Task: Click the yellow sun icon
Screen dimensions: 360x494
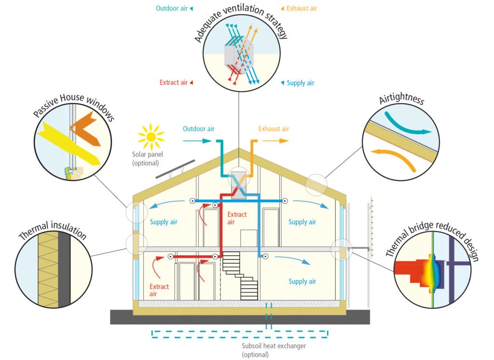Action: pos(151,137)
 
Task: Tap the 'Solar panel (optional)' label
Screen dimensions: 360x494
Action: pos(145,159)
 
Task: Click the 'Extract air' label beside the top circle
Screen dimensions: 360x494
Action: pos(176,83)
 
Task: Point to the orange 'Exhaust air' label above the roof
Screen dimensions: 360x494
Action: pos(274,129)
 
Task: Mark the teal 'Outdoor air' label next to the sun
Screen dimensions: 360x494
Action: pos(198,129)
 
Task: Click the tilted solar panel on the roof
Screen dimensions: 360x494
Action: pos(175,168)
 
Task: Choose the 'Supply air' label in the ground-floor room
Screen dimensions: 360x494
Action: pos(302,281)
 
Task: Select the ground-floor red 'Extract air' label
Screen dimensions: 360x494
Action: pos(159,290)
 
